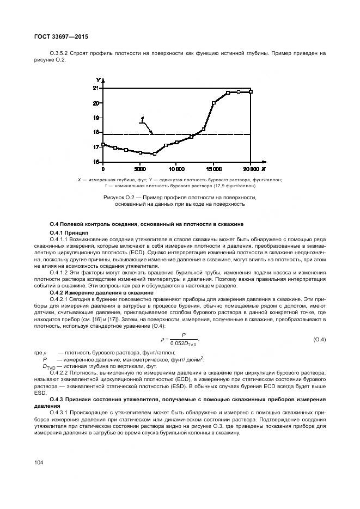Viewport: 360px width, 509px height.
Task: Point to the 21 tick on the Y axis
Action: (96, 88)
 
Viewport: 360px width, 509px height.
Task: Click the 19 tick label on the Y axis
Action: (96, 118)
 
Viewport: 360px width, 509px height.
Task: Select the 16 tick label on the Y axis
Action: (96, 162)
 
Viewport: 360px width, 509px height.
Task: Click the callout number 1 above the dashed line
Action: (142, 120)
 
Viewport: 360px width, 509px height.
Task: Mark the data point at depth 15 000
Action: (214, 103)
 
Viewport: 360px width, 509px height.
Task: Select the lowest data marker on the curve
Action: (155, 154)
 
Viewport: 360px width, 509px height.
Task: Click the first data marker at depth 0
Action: (103, 145)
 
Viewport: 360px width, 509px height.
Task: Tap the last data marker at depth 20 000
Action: (251, 91)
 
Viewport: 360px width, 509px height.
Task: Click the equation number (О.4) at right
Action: (319, 340)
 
